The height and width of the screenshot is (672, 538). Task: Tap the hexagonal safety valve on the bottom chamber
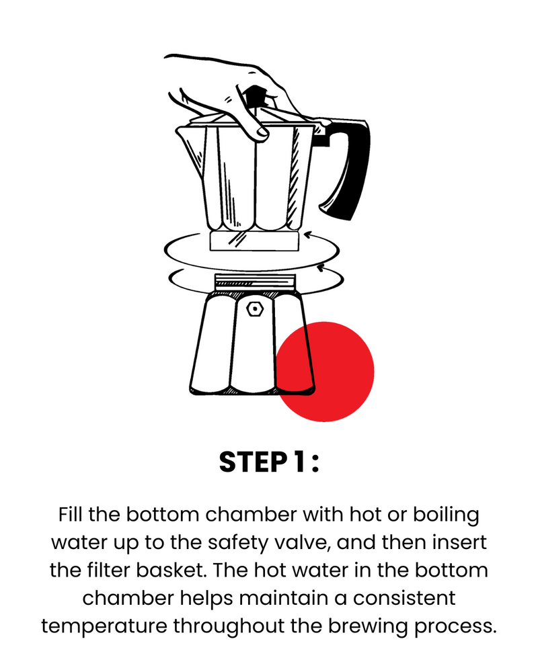255,308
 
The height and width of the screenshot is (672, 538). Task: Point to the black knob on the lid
255,97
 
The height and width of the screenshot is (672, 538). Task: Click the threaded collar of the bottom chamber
255,282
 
